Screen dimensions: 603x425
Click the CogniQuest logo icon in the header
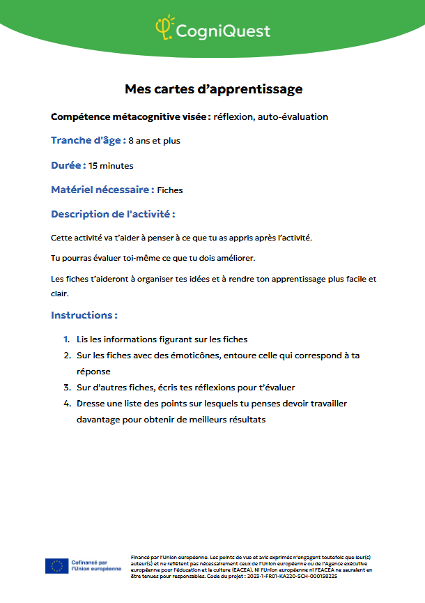164,28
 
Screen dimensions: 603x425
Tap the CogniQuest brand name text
223,31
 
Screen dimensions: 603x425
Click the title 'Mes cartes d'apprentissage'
213,89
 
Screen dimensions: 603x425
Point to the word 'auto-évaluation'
293,116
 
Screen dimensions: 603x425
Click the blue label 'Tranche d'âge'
88,140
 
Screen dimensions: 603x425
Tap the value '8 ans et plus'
154,141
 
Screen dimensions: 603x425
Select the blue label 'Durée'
68,165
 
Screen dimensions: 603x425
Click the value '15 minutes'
111,166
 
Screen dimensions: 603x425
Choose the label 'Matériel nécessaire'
102,189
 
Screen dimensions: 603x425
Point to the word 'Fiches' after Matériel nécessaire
170,190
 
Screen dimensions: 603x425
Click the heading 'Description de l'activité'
113,213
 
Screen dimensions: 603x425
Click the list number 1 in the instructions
67,339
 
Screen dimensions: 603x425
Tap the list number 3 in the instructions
67,388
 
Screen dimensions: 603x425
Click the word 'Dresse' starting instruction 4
91,404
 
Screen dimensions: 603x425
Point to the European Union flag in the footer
56,566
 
